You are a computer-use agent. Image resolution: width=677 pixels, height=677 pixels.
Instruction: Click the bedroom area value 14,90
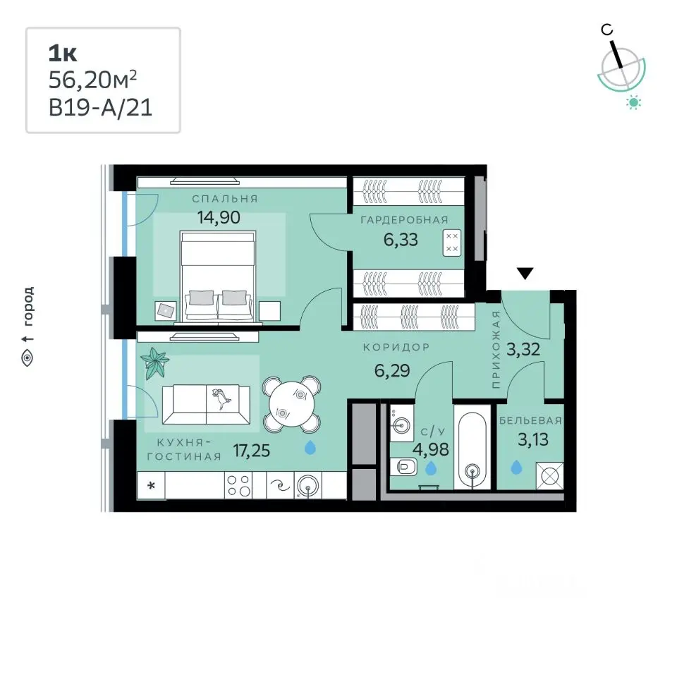click(219, 217)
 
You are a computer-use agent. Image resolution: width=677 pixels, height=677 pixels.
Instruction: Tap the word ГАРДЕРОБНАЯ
click(404, 220)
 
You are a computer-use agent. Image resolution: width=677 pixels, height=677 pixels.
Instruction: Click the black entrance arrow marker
click(525, 274)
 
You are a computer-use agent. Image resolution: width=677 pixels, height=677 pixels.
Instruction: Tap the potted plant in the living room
click(154, 362)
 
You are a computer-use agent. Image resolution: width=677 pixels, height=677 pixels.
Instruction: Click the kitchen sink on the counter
click(307, 485)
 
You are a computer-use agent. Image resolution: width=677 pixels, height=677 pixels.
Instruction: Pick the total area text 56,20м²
click(92, 80)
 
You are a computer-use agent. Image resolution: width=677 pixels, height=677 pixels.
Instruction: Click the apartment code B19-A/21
click(101, 107)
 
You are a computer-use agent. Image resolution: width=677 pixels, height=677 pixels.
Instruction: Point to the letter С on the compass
click(606, 30)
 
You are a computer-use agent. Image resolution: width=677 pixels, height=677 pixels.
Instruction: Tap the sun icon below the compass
click(633, 103)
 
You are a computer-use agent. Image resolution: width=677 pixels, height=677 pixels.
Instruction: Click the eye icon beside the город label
click(28, 358)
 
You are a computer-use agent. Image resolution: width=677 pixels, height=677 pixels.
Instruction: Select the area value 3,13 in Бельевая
click(533, 439)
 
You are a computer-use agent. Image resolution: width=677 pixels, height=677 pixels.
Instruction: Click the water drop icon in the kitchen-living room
click(310, 447)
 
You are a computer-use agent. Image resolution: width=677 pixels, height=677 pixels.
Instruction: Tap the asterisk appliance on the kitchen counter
click(151, 486)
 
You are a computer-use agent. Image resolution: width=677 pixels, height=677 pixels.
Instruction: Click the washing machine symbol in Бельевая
click(549, 476)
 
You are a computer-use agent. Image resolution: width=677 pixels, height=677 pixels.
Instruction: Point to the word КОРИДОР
click(396, 347)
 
